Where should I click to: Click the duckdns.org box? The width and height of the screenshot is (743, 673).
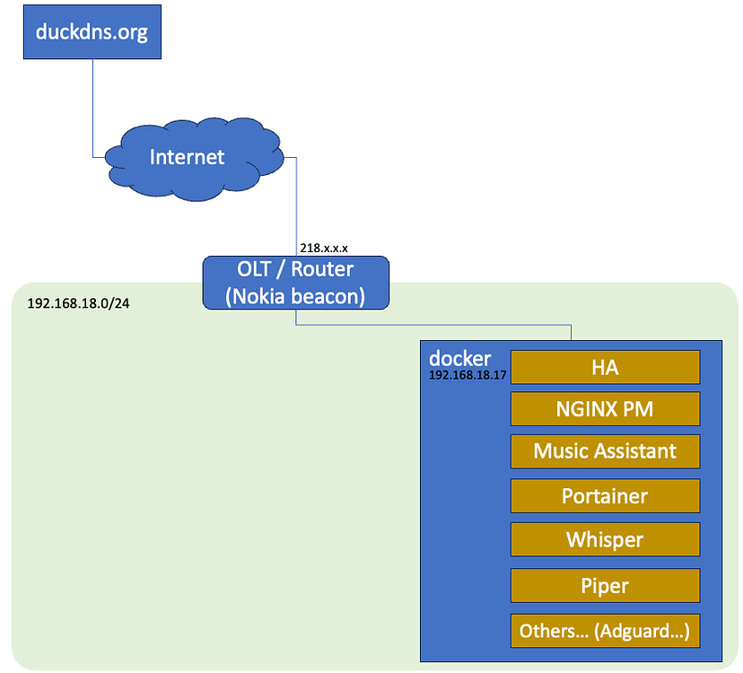tap(91, 32)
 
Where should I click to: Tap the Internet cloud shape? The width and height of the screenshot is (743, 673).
tap(187, 158)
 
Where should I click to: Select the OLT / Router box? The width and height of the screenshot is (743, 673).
tap(295, 283)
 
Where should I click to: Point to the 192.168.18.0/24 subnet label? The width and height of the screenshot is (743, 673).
tap(78, 302)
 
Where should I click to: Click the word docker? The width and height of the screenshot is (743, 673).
tap(460, 358)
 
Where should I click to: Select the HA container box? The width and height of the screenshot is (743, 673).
tap(605, 367)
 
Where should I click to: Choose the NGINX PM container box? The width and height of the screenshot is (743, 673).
tap(605, 409)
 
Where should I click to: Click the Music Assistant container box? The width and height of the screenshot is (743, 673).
tap(605, 451)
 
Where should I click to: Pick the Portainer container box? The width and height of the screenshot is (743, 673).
tap(605, 496)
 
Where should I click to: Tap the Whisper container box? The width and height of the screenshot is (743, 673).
tap(605, 540)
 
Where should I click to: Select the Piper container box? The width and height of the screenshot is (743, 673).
tap(605, 586)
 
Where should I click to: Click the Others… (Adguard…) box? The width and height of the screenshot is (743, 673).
tap(605, 631)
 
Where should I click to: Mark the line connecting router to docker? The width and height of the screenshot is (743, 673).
tap(431, 326)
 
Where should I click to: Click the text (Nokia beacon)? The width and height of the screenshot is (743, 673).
tap(296, 295)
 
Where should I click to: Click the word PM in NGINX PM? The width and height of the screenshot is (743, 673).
tap(638, 409)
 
